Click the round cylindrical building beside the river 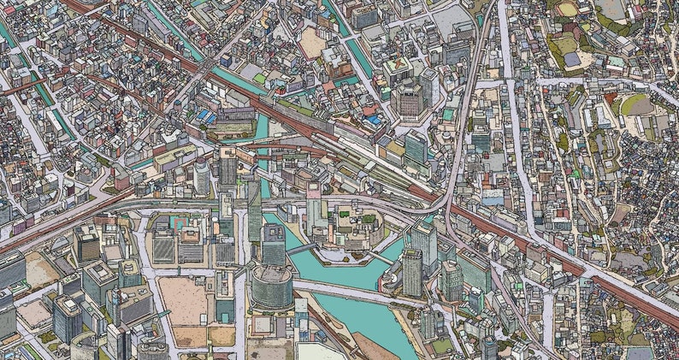click(x=271, y=285)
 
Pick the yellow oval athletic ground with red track click(x=567, y=9)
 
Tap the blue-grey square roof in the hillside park click(x=571, y=60)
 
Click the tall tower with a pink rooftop click(x=314, y=201)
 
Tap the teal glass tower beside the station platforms click(x=416, y=147)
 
